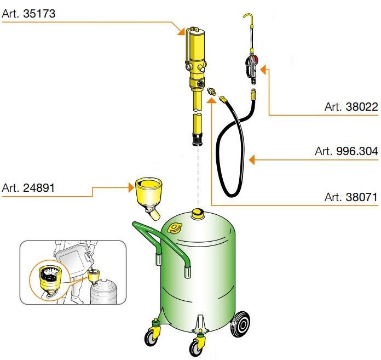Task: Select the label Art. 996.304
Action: coord(347,151)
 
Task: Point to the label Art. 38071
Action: coord(351,197)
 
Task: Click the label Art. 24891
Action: coord(28,188)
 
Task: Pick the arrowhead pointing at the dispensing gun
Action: coord(262,69)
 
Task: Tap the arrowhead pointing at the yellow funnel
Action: coord(132,186)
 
